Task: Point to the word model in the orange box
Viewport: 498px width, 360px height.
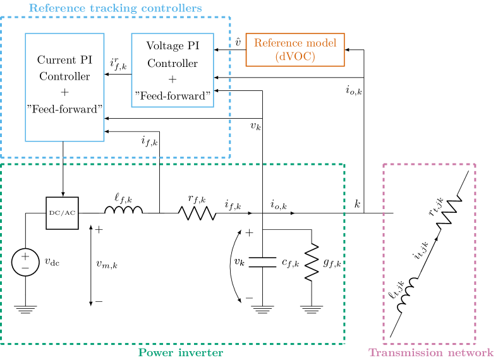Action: (x=322, y=43)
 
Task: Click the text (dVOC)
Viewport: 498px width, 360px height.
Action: (x=295, y=56)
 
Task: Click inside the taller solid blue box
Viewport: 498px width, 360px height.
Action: (x=64, y=87)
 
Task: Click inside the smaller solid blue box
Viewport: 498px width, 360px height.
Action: (x=173, y=70)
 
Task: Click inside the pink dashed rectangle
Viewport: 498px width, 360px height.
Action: (x=429, y=254)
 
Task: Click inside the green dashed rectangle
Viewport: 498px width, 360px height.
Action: (x=173, y=254)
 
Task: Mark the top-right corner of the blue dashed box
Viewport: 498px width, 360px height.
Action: (x=230, y=17)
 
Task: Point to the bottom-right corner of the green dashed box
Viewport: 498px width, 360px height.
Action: (x=344, y=344)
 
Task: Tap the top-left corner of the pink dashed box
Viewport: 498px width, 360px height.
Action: (x=384, y=164)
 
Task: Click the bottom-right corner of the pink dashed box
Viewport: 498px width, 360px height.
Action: (x=475, y=344)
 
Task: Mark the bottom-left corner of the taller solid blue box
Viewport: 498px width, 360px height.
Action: (x=25, y=141)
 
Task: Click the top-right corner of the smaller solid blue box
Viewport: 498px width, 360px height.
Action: (x=214, y=33)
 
